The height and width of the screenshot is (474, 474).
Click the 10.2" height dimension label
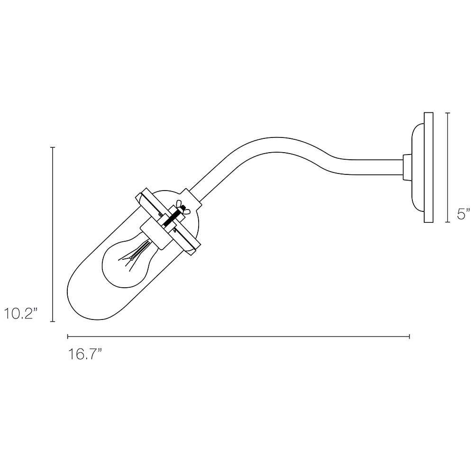(21, 314)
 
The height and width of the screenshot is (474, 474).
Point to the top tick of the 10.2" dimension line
(53, 148)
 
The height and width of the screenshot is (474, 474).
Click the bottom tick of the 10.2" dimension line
(53, 321)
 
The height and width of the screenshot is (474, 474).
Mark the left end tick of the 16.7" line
(68, 337)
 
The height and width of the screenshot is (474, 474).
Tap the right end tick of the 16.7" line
(410, 337)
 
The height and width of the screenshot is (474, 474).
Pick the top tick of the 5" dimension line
(447, 113)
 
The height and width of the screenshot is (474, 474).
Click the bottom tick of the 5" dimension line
(447, 222)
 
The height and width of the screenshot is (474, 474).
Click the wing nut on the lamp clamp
(182, 207)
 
